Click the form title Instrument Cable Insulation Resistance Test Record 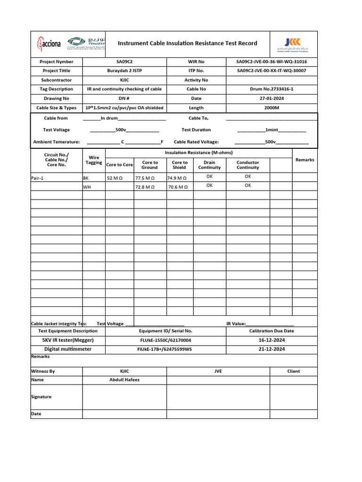pyautogui.click(x=187, y=43)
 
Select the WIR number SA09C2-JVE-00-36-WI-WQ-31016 pyautogui.click(x=271, y=62)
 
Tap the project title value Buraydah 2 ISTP pyautogui.click(x=124, y=71)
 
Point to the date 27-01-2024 pyautogui.click(x=271, y=98)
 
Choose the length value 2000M pyautogui.click(x=271, y=108)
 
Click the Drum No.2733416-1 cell pyautogui.click(x=271, y=89)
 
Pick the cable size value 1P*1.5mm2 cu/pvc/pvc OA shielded pyautogui.click(x=124, y=108)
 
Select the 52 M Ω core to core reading pyautogui.click(x=115, y=178)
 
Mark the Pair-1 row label pyautogui.click(x=38, y=178)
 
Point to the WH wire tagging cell pyautogui.click(x=87, y=187)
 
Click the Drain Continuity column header pyautogui.click(x=209, y=165)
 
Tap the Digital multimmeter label pyautogui.click(x=68, y=349)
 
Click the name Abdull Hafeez pyautogui.click(x=124, y=380)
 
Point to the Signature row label pyautogui.click(x=41, y=397)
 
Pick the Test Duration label pyautogui.click(x=196, y=130)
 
